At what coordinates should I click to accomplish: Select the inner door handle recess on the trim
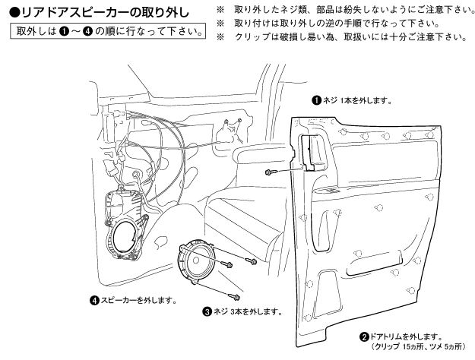tap(311, 152)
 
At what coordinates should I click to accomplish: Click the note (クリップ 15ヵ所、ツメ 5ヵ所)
tap(416, 346)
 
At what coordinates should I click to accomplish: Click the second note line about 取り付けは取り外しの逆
tap(334, 23)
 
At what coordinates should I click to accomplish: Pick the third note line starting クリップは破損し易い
tap(350, 36)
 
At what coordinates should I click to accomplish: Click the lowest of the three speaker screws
tap(234, 295)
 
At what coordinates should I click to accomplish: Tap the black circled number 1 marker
tap(317, 99)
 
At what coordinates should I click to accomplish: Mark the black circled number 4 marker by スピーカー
tap(93, 299)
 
